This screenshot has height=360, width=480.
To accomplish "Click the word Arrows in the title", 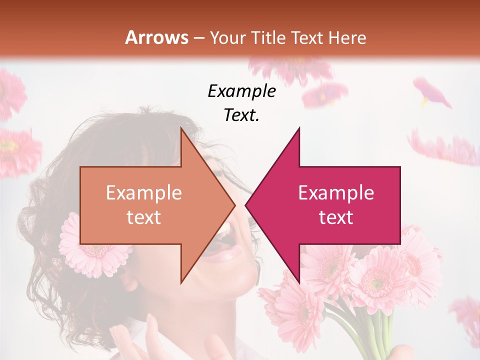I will [x=156, y=37].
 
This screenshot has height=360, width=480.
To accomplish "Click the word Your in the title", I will [x=228, y=37].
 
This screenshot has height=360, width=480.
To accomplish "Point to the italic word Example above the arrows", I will [x=241, y=91].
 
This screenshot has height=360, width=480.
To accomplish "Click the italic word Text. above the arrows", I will [x=241, y=115].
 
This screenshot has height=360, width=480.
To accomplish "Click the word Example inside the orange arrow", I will [x=144, y=192].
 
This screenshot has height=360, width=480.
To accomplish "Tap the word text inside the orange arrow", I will [x=144, y=217].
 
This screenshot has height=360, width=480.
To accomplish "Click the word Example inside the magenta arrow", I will [x=336, y=192].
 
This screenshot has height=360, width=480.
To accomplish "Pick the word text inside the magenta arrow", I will [x=336, y=217].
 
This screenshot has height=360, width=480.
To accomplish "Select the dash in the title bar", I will [x=198, y=38].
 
